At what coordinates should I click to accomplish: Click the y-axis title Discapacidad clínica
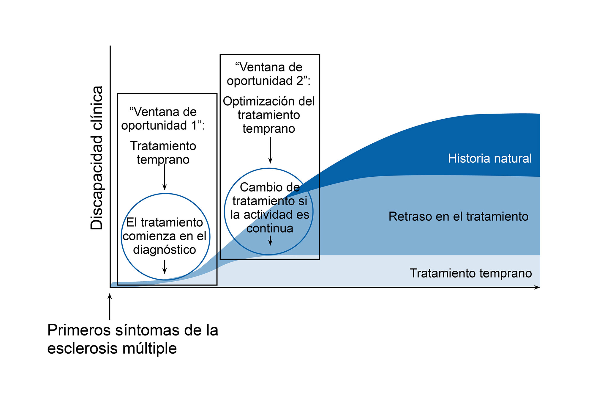(97, 158)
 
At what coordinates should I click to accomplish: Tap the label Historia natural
(490, 158)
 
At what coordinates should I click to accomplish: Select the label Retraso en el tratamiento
(458, 216)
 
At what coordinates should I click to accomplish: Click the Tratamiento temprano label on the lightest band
(471, 273)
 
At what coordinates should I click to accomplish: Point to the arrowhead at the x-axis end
(537, 287)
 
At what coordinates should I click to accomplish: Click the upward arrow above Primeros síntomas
(110, 306)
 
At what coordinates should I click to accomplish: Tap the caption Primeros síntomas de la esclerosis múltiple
(132, 339)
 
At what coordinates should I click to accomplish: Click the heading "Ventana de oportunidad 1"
(163, 119)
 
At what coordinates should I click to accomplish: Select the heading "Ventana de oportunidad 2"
(269, 74)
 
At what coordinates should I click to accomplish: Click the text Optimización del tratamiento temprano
(269, 115)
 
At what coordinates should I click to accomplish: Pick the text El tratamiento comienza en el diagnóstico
(165, 236)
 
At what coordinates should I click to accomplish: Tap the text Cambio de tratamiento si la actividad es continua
(270, 208)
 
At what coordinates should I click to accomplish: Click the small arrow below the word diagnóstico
(165, 266)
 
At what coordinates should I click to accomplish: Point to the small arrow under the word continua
(270, 240)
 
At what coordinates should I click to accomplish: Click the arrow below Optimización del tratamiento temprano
(270, 150)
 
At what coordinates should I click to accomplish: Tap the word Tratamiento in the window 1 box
(163, 146)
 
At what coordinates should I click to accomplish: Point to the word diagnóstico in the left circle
(165, 250)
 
